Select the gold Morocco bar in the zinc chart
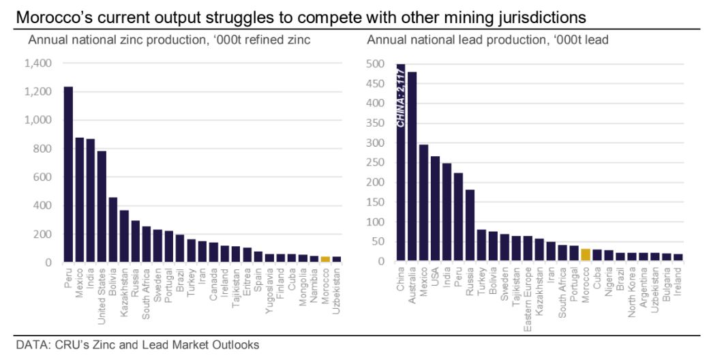pyautogui.click(x=325, y=259)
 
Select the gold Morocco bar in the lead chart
pyautogui.click(x=586, y=255)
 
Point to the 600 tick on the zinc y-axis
pyautogui.click(x=43, y=177)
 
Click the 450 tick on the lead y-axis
pyautogui.click(x=377, y=84)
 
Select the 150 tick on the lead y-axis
pyautogui.click(x=377, y=202)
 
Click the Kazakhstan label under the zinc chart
pyautogui.click(x=124, y=292)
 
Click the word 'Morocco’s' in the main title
pyautogui.click(x=50, y=16)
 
